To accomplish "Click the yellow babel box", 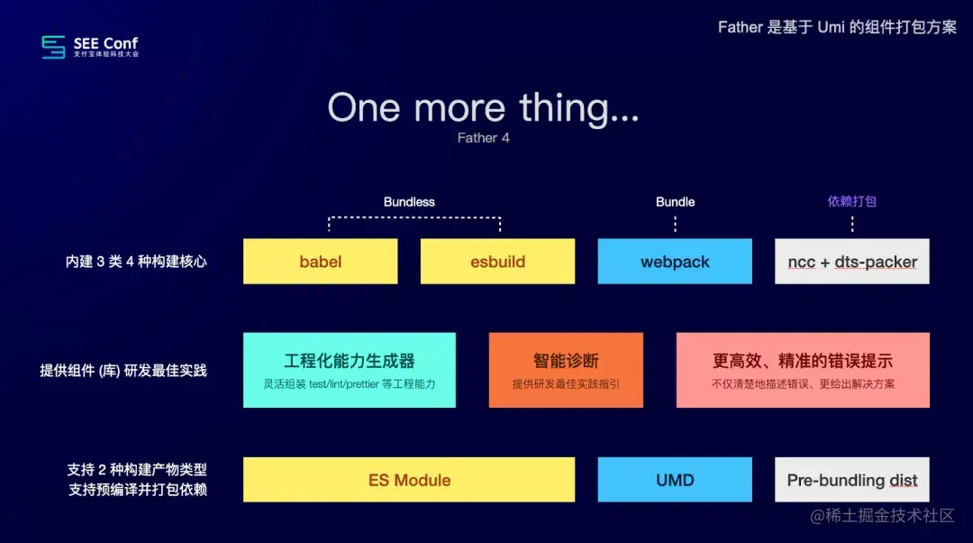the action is [x=320, y=262].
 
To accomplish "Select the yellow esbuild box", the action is [x=497, y=262].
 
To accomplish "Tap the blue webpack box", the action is [x=675, y=262].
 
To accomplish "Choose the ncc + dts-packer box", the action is [x=851, y=262].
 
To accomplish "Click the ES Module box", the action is [x=409, y=480].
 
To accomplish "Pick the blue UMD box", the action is [x=675, y=480].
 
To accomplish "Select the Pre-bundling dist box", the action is [x=851, y=480].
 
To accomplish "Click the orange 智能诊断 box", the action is [x=566, y=370].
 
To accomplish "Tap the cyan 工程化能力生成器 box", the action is [x=350, y=370].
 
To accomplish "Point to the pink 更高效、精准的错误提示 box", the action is [x=803, y=370].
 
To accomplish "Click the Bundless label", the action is [x=409, y=202].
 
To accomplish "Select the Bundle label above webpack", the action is [x=675, y=202].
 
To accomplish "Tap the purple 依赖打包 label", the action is [x=851, y=201].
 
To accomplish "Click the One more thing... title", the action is [x=484, y=107].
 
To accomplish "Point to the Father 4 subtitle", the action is [x=484, y=138].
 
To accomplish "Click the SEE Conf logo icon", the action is [x=54, y=47].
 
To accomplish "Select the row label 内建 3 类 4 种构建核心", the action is [x=136, y=262].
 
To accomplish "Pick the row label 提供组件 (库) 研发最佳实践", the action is [x=123, y=371].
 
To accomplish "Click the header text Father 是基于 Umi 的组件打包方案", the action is [x=837, y=27].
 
